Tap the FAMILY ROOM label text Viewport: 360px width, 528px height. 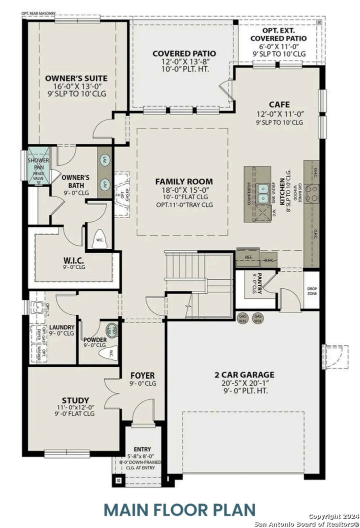pyautogui.click(x=183, y=181)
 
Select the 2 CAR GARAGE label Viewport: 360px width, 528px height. pyautogui.click(x=245, y=374)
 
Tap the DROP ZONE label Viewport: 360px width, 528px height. pyautogui.click(x=312, y=291)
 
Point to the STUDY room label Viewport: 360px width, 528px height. pyautogui.click(x=75, y=400)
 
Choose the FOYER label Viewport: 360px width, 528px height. pyautogui.click(x=142, y=375)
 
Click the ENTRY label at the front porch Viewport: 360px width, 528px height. pyautogui.click(x=142, y=449)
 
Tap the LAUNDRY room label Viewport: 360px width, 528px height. pyautogui.click(x=61, y=328)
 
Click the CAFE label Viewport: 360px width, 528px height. pyautogui.click(x=279, y=104)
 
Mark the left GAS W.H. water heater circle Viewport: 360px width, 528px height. pyautogui.click(x=243, y=319)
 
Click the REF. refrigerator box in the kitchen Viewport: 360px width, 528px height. pyautogui.click(x=248, y=257)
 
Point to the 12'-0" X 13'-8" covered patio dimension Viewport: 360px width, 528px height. pyautogui.click(x=184, y=61)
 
